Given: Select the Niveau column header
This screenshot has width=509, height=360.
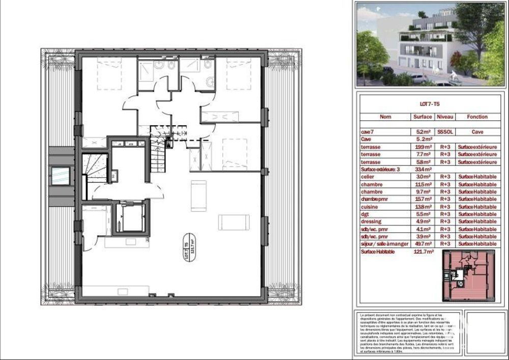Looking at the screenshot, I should coord(446,117).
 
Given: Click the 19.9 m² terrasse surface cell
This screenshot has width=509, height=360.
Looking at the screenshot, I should coord(424,147).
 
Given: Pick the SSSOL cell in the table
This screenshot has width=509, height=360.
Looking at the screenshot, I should coord(445,131).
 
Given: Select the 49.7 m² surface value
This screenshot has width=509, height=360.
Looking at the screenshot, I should coord(424,244).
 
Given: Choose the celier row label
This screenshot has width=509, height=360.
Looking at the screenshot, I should coord(368,177).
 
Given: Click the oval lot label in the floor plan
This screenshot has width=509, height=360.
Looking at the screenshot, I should coord(189,251).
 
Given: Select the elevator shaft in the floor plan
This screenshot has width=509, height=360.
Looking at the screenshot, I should coord(129,217).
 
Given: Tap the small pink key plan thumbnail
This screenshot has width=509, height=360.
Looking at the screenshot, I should coord(467,275).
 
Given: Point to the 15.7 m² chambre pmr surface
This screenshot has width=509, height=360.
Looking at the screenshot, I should coord(424,199).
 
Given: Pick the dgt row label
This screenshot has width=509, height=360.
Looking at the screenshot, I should coord(365,214).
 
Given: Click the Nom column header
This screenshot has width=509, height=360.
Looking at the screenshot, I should coord(385,117).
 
